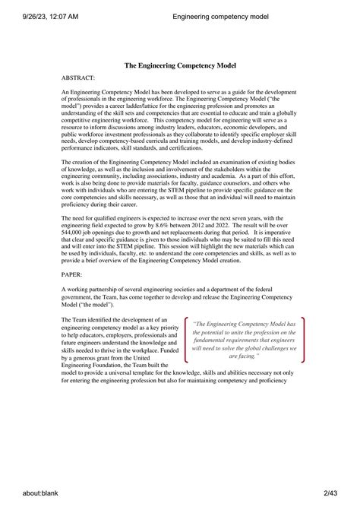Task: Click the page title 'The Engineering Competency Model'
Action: pyautogui.click(x=179, y=65)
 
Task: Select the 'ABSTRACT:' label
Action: pyautogui.click(x=77, y=78)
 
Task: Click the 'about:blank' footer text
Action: pyautogui.click(x=28, y=493)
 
